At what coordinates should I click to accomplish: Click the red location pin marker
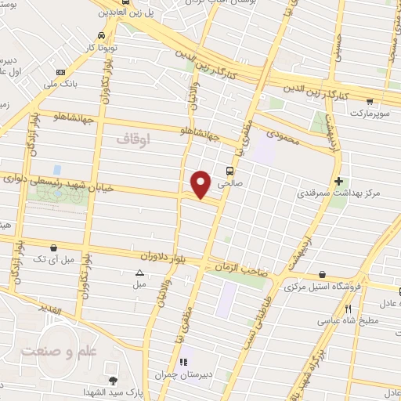point(201,183)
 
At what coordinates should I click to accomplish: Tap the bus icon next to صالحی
point(229,172)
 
